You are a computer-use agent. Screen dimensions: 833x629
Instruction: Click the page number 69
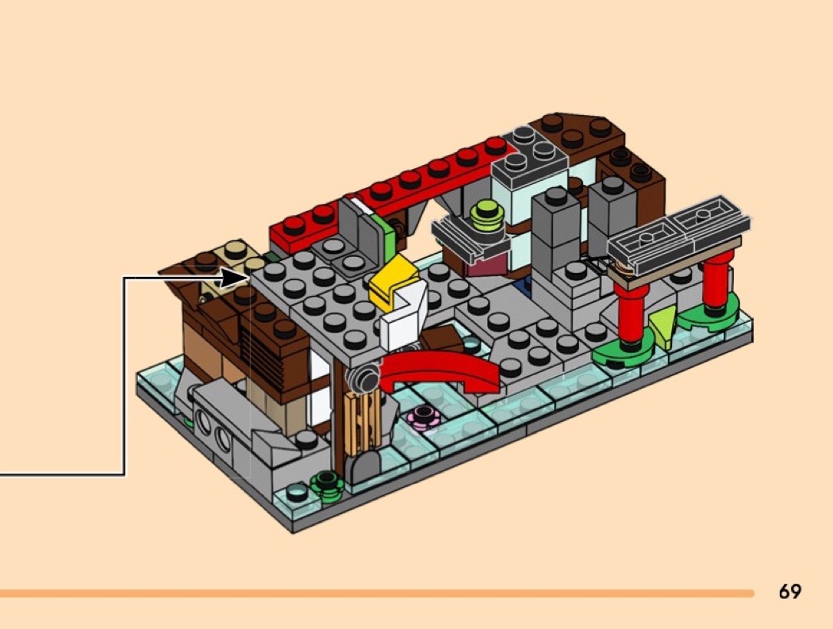789,591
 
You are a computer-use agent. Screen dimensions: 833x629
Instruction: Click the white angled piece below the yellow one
404,319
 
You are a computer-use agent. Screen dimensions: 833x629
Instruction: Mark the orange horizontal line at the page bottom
377,593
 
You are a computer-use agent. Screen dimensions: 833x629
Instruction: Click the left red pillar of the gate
632,314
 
